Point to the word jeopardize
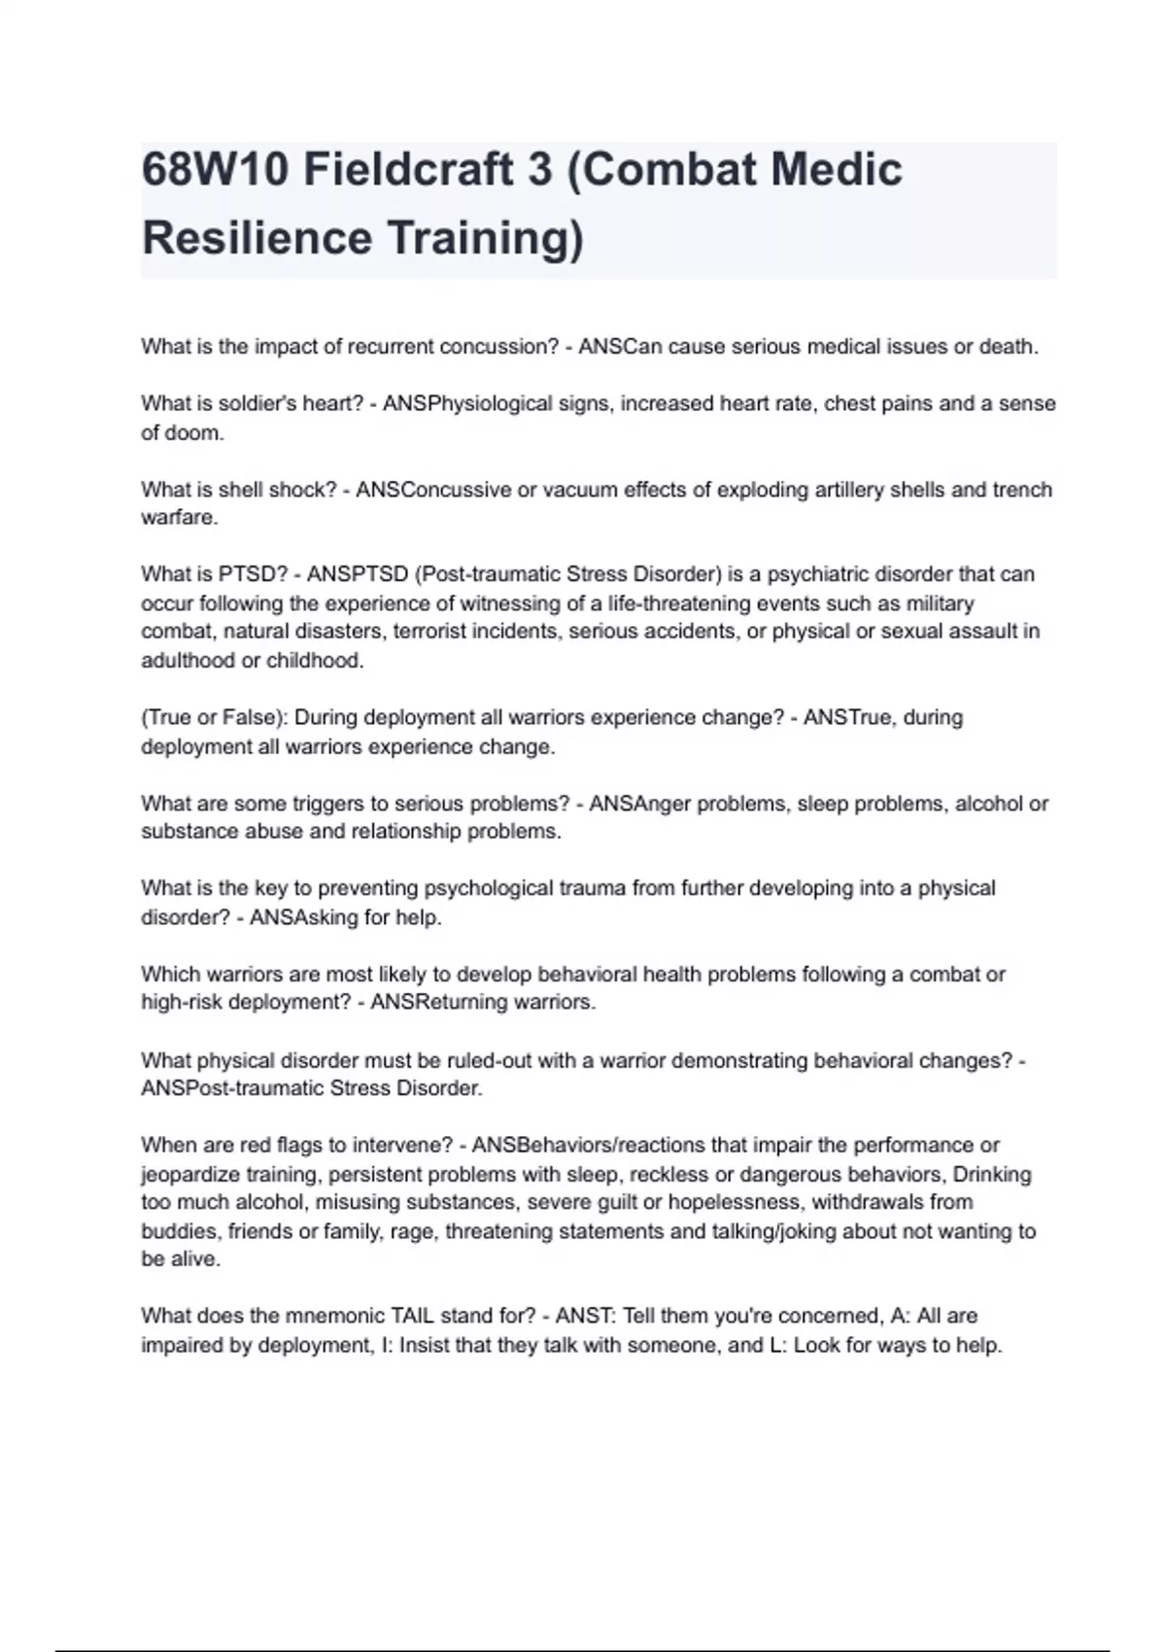tap(190, 1174)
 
